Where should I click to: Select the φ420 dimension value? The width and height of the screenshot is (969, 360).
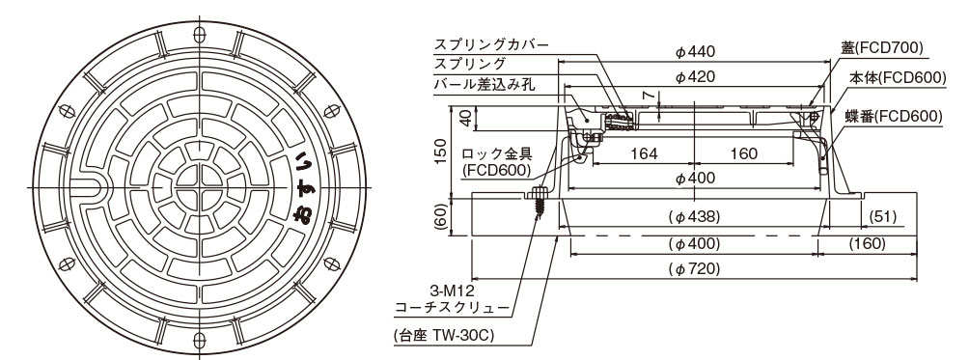695,76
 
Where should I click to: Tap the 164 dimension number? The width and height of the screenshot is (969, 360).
644,153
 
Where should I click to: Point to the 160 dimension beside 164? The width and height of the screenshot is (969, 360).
743,153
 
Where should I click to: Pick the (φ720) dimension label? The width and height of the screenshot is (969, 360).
695,267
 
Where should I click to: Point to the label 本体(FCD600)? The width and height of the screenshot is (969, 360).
896,78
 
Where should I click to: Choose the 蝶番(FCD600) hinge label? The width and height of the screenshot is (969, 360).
896,116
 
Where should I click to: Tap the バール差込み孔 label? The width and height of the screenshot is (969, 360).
497,85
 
